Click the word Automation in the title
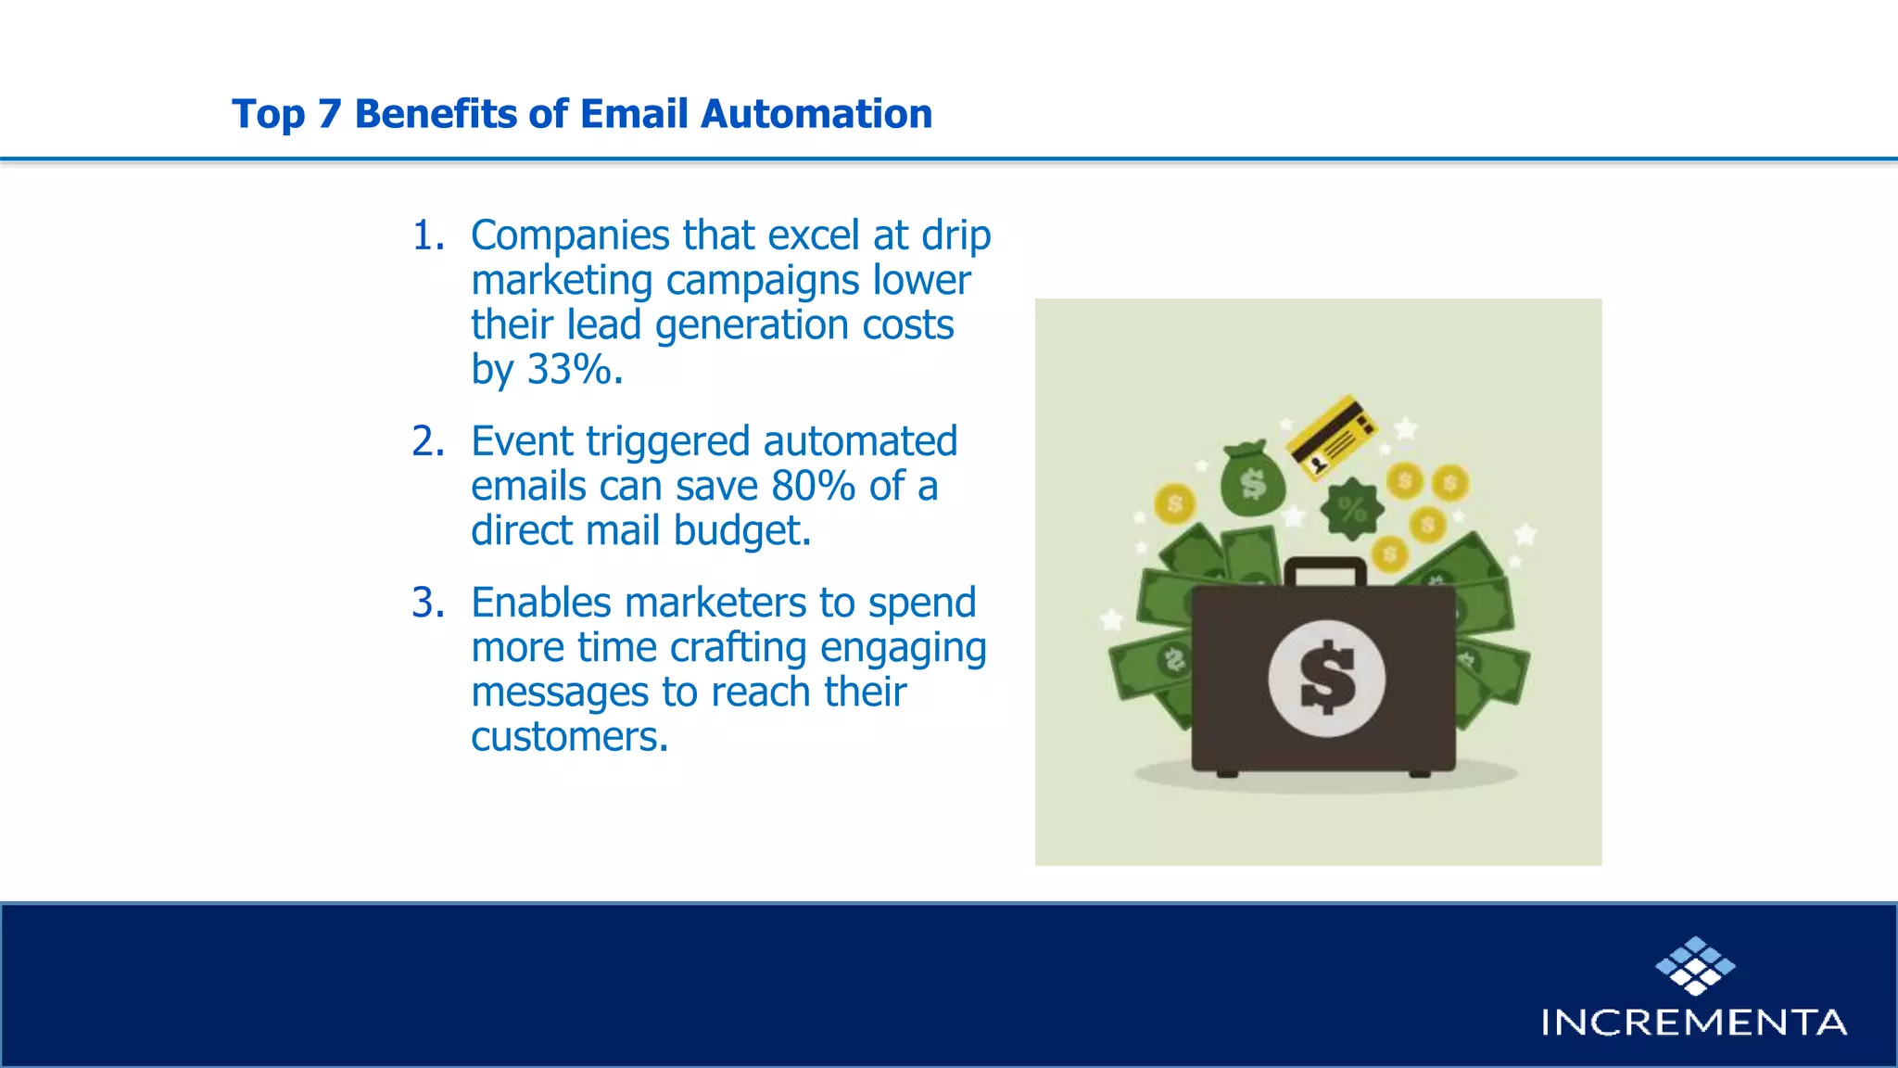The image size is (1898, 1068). pyautogui.click(x=816, y=114)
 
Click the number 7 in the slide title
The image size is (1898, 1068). pyautogui.click(x=329, y=114)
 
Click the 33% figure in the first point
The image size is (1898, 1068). pyautogui.click(x=569, y=369)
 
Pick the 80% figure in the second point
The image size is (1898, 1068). pyautogui.click(x=813, y=486)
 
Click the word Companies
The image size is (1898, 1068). pyautogui.click(x=570, y=235)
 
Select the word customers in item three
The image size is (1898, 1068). pyautogui.click(x=568, y=737)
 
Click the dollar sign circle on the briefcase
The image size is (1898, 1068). pyautogui.click(x=1326, y=679)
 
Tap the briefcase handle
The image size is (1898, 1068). pyautogui.click(x=1325, y=569)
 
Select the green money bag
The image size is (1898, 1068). pyautogui.click(x=1252, y=479)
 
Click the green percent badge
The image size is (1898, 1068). pyautogui.click(x=1351, y=509)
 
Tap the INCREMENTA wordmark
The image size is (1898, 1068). pyautogui.click(x=1693, y=1023)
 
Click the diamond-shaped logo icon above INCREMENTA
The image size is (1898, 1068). pyautogui.click(x=1695, y=966)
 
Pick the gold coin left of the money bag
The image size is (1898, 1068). pyautogui.click(x=1175, y=503)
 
